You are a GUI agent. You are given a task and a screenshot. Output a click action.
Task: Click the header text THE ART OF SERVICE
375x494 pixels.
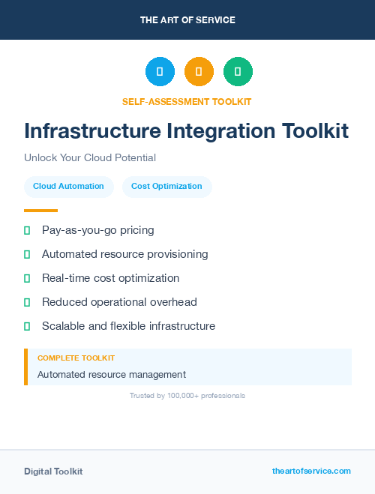[x=187, y=20]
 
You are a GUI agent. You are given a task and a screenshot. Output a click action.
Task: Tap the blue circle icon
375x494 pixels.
[x=160, y=72]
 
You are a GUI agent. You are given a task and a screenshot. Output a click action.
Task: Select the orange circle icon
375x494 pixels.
[x=199, y=72]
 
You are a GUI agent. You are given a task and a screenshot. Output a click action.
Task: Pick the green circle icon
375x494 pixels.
[x=238, y=72]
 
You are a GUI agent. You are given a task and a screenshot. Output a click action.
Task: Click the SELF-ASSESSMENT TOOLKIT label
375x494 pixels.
[x=187, y=101]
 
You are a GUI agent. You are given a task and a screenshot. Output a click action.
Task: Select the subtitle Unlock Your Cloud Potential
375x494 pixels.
[x=90, y=158]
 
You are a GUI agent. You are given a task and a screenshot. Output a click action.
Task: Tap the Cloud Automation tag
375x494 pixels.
[x=68, y=187]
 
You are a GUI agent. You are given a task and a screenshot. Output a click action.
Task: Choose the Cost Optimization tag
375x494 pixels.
[x=166, y=187]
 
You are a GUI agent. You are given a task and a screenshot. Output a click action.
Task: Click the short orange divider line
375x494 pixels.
[x=40, y=211]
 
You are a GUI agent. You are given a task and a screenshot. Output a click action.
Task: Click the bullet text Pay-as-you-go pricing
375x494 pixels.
[x=97, y=230]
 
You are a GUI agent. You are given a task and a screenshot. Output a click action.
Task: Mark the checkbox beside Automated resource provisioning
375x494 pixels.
[x=27, y=254]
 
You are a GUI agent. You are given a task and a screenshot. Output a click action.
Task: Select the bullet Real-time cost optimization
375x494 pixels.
[x=110, y=278]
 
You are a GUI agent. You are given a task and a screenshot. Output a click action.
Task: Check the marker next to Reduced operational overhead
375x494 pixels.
[x=27, y=302]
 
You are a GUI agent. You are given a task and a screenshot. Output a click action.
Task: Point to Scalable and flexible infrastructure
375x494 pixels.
[x=128, y=326]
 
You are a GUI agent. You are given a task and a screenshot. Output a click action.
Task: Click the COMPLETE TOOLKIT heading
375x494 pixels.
[x=76, y=358]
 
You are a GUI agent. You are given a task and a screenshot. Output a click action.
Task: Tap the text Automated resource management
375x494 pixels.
[x=111, y=375]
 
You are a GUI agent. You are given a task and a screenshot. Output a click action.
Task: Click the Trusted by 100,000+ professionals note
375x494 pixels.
[x=187, y=395]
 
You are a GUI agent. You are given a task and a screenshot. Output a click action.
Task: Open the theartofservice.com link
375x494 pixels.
[x=311, y=471]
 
